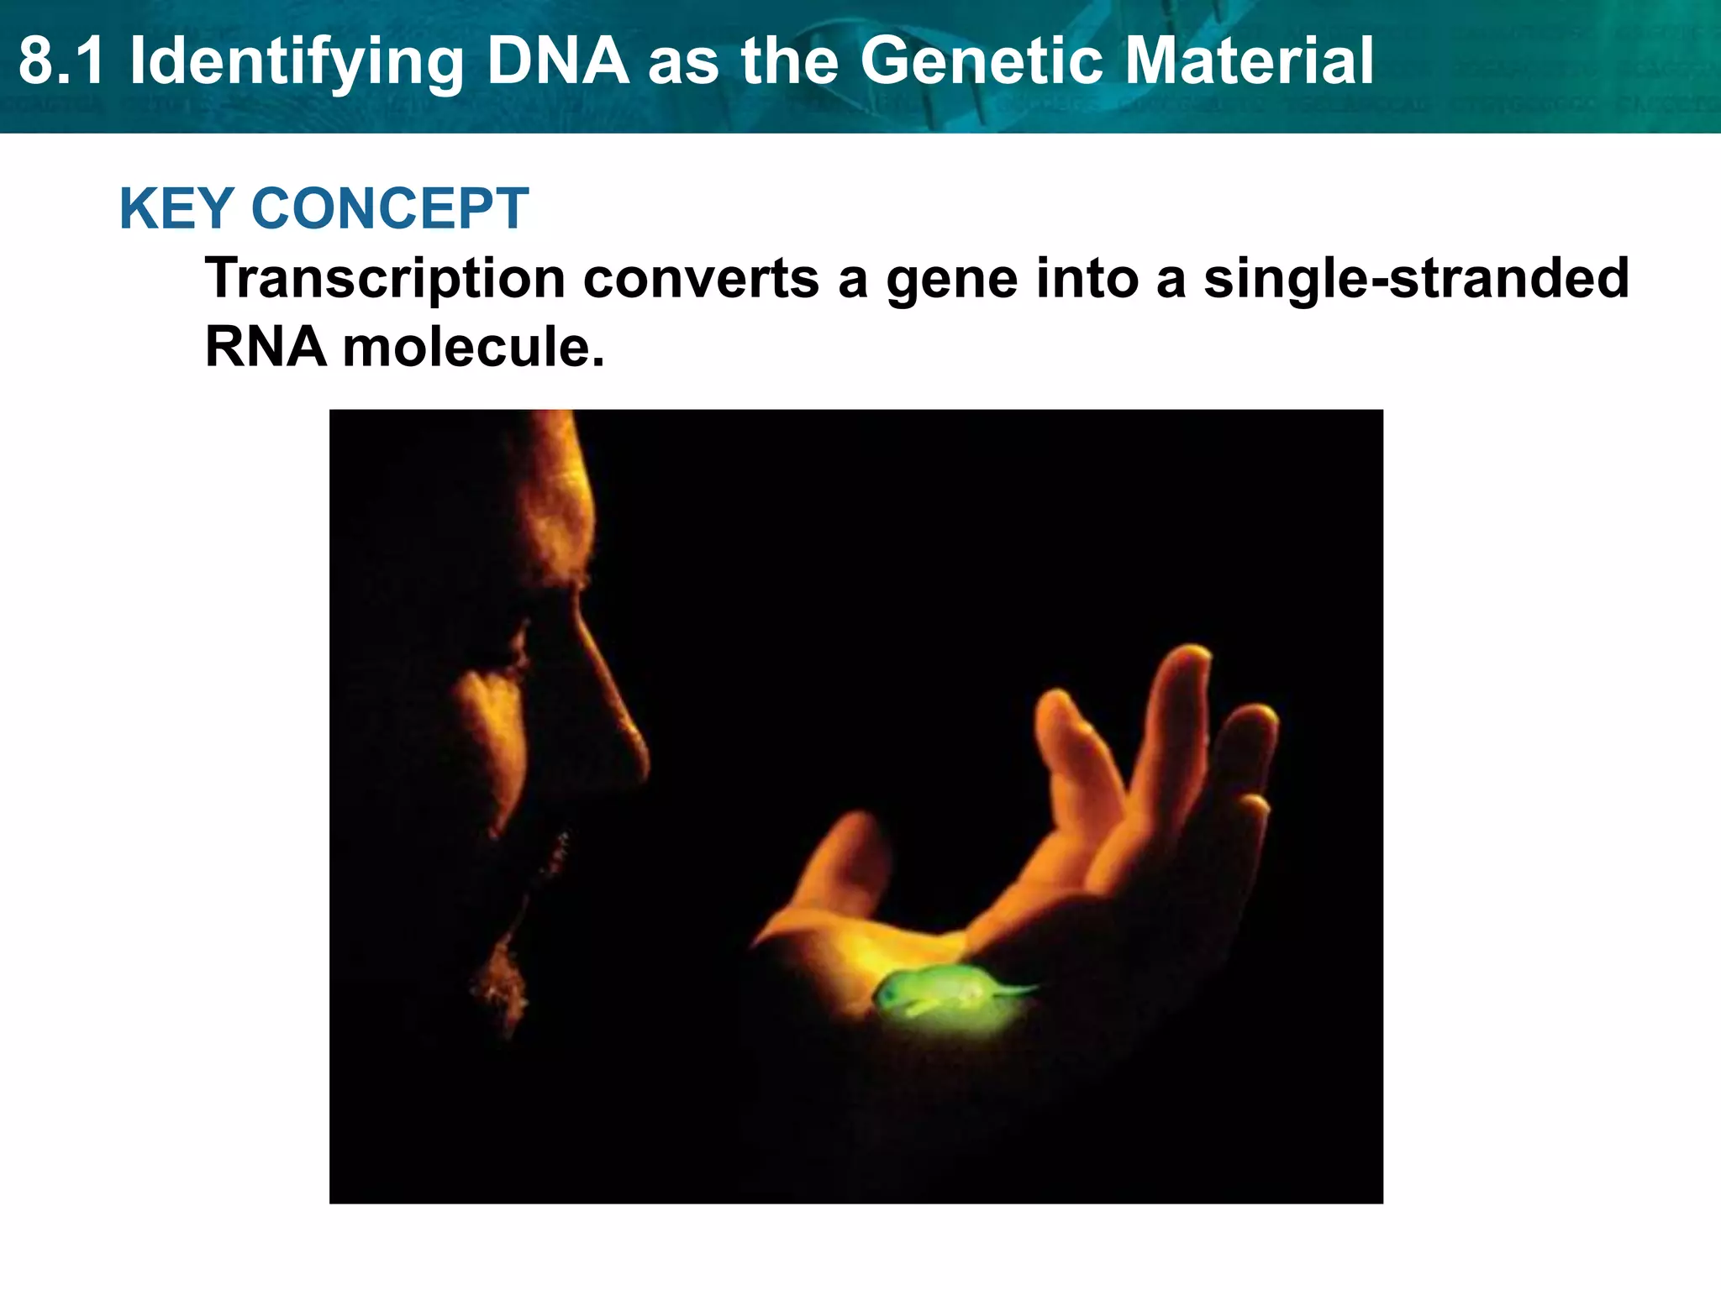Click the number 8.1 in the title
click(x=62, y=61)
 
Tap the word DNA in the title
click(x=558, y=61)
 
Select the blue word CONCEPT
click(x=390, y=208)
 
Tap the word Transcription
click(x=386, y=278)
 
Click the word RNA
click(x=266, y=346)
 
